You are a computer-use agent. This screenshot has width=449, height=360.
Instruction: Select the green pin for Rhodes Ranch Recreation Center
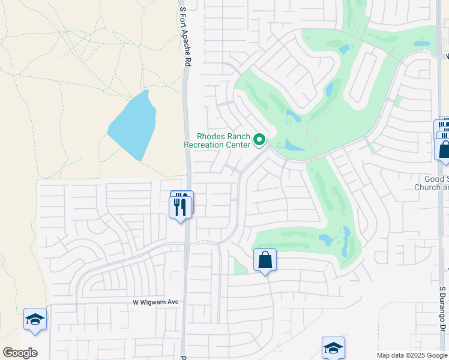point(260,140)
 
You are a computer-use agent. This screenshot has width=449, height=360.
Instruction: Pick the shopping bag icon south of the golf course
point(265,260)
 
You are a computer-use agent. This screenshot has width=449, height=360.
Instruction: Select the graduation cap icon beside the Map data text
point(333,348)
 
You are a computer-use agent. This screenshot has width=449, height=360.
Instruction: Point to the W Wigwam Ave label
point(156,302)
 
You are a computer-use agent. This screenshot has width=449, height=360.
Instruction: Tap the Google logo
point(20,353)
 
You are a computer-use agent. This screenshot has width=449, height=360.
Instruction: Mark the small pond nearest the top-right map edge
point(422,43)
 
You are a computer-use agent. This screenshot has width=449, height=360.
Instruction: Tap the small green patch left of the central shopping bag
point(240,267)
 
